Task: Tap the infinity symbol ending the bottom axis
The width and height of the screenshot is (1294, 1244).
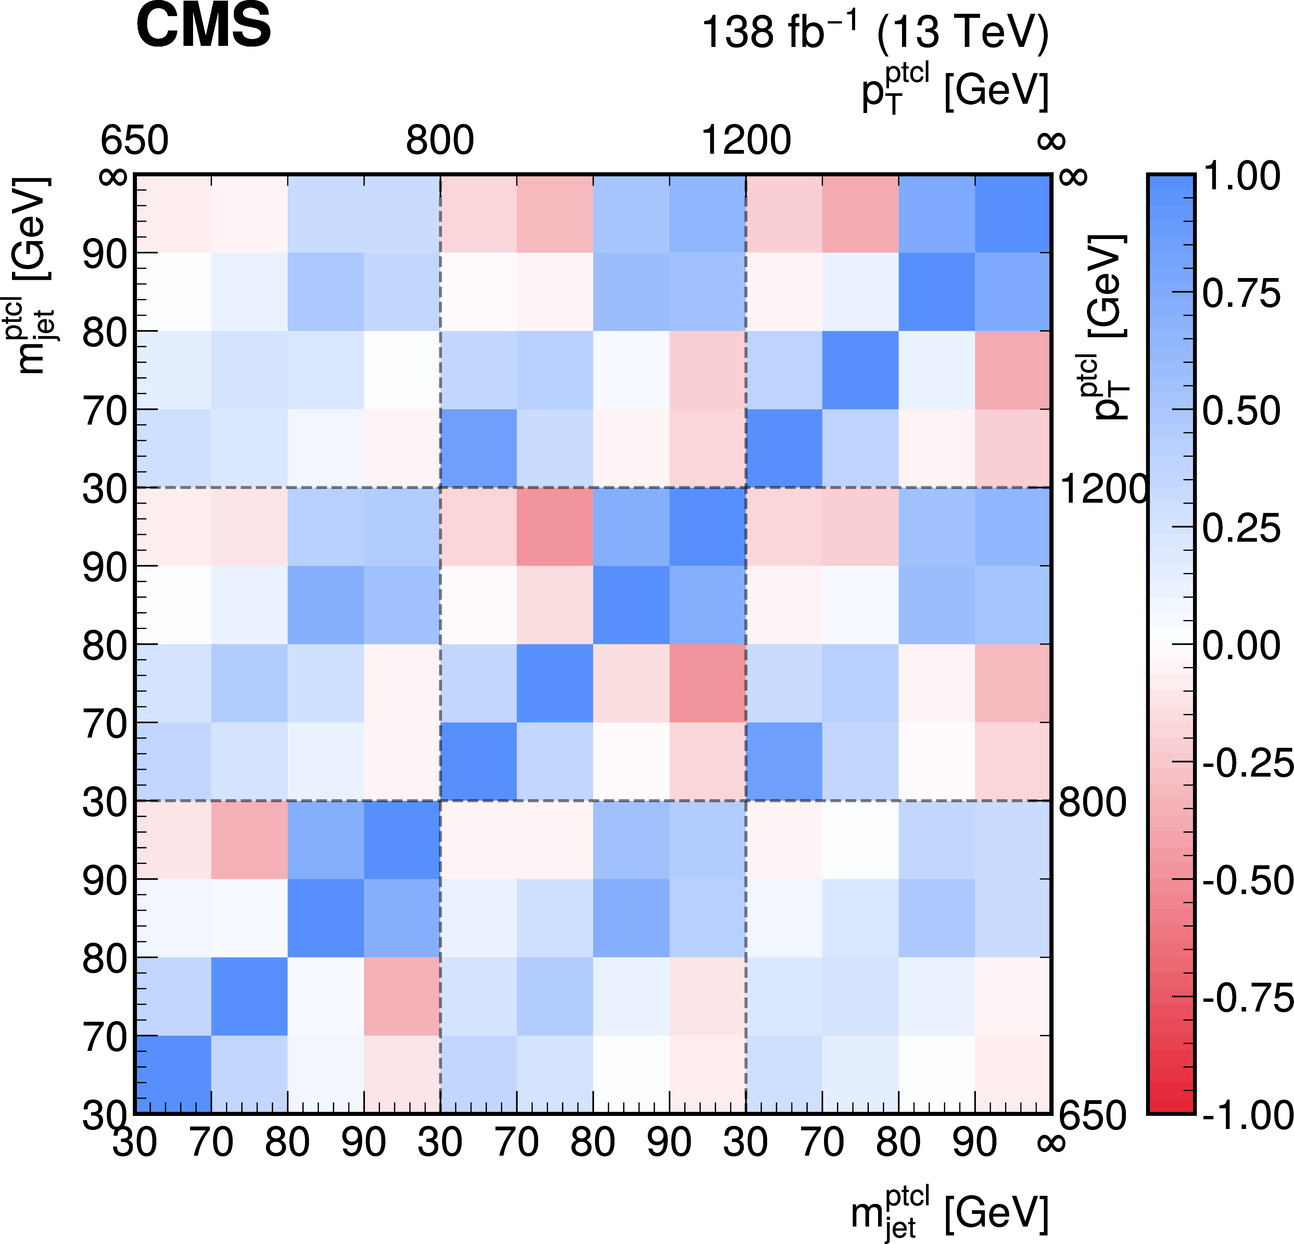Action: [x=1051, y=1142]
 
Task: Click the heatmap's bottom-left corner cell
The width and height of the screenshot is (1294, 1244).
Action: [x=173, y=1075]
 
